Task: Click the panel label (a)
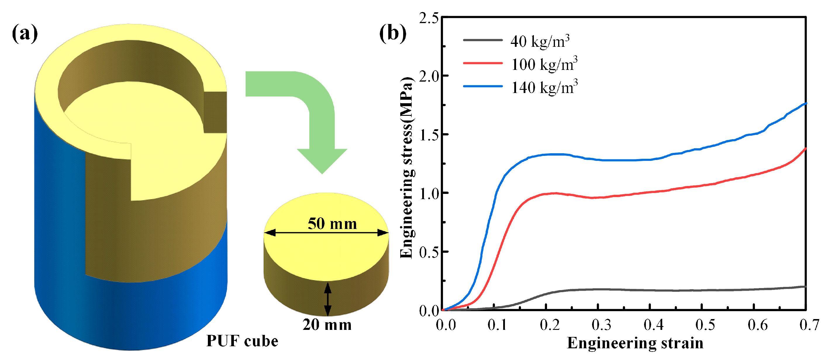pos(25,33)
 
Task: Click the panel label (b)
pos(392,33)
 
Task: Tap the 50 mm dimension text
pos(332,223)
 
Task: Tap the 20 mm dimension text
pos(327,324)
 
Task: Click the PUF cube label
pos(242,341)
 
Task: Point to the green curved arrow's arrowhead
pos(322,161)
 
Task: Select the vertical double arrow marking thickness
pos(327,299)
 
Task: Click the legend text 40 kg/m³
pos(540,41)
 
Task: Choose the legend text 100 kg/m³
pos(544,64)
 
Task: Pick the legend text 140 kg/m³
pos(544,87)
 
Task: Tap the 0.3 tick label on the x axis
pos(601,325)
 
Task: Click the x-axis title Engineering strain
pos(635,343)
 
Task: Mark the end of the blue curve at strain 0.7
pos(805,104)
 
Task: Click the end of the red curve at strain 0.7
pos(805,149)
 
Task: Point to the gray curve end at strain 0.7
pos(805,286)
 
